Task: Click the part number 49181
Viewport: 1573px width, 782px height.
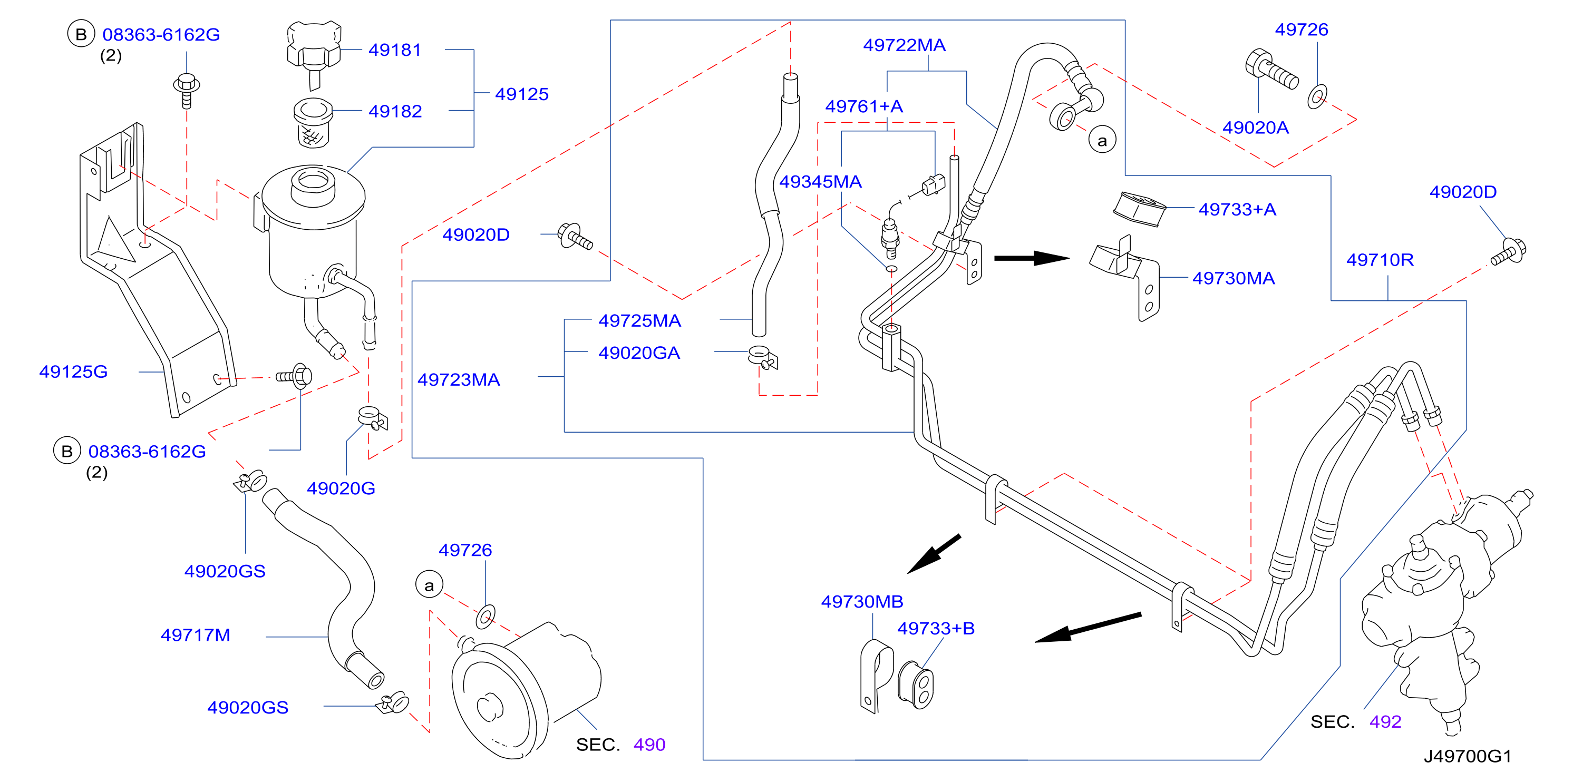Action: [394, 50]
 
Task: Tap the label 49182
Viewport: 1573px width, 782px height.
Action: [395, 111]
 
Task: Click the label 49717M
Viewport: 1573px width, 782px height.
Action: [196, 635]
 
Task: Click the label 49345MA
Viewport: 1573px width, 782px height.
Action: [820, 181]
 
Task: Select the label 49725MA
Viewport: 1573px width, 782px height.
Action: [639, 320]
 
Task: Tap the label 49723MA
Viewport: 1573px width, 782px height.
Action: [459, 380]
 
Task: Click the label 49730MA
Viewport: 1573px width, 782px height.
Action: [1234, 278]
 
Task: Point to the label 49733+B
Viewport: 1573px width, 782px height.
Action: [936, 628]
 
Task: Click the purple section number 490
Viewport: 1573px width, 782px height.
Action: [649, 745]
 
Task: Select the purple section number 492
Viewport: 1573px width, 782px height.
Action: [1385, 721]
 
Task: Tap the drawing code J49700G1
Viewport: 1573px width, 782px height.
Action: [1468, 756]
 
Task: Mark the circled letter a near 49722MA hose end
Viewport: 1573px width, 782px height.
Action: [1102, 140]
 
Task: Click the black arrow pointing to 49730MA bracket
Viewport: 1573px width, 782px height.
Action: [1032, 258]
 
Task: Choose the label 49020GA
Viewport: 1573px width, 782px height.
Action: [639, 353]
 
